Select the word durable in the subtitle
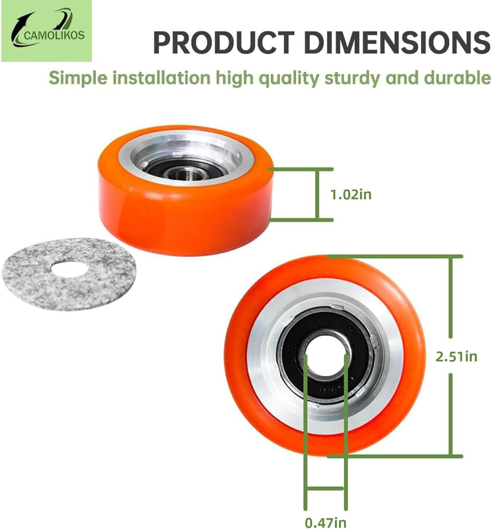point(457,78)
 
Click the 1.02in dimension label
point(350,195)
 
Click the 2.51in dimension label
point(456,357)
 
